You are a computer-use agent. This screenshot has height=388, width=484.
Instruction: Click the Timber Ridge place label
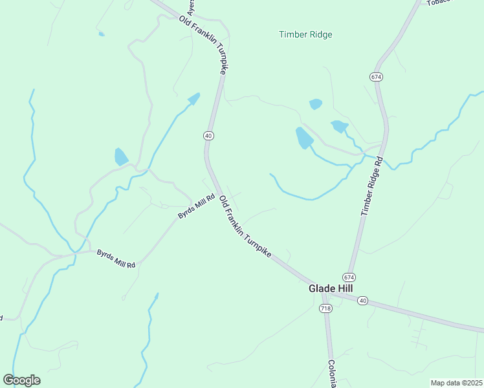pos(305,34)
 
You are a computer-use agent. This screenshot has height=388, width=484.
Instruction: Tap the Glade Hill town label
pos(330,289)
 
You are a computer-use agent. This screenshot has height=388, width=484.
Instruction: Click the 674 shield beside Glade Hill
pos(349,277)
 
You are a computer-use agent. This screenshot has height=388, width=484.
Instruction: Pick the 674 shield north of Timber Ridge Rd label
pos(376,76)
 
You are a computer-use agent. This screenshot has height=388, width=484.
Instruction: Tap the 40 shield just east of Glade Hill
pos(362,301)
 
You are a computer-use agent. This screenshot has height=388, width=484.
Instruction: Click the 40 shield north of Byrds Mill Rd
pos(208,136)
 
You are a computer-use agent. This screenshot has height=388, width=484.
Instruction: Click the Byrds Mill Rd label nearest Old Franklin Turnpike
pos(196,207)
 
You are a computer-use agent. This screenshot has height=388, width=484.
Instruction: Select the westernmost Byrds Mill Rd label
pos(116,259)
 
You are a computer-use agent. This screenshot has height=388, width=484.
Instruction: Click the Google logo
pos(21,380)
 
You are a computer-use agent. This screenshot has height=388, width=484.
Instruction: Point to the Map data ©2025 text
pos(456,383)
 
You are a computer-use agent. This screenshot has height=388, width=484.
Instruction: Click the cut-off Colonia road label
pos(332,374)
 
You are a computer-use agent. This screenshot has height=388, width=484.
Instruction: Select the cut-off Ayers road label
pos(191,7)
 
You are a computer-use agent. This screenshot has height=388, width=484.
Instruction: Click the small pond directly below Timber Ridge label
pos(316,103)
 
